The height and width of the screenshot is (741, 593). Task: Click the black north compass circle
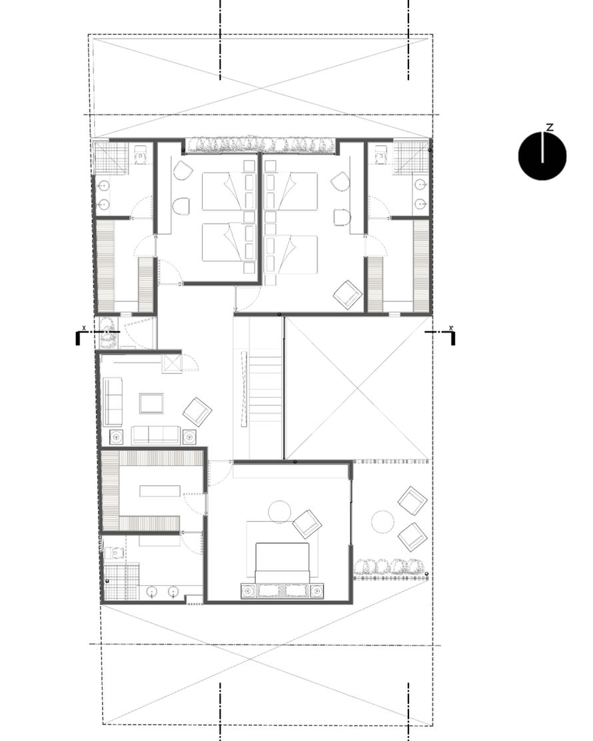pos(542,156)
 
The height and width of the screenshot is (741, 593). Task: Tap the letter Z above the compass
pos(550,127)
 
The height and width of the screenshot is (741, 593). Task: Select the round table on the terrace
pos(382,522)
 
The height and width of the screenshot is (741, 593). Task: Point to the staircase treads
pos(266,388)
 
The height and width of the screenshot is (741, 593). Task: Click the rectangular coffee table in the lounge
pos(151,404)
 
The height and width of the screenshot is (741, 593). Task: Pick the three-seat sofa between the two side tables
pos(156,435)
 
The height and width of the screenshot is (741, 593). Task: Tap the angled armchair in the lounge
pos(197,411)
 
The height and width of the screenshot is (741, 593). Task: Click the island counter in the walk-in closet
pos(160,490)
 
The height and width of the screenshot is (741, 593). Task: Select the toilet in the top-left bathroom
pos(141,155)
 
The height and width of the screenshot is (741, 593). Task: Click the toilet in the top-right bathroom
pos(380,155)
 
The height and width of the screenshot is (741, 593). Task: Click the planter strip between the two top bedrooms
pos(261,145)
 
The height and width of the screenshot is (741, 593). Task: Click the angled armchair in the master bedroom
pos(307,524)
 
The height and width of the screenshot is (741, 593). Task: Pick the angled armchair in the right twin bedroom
pos(348,295)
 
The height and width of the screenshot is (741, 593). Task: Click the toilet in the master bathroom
pos(114,552)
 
